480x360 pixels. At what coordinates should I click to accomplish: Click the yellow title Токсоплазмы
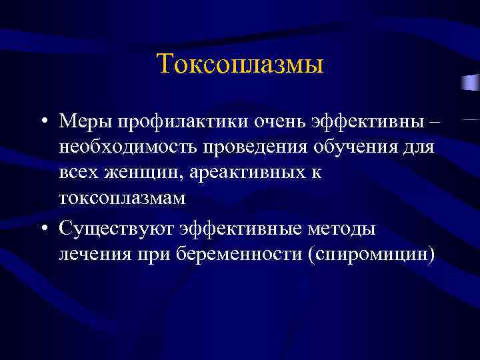pyautogui.click(x=240, y=65)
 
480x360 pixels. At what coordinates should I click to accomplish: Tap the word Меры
pyautogui.click(x=85, y=121)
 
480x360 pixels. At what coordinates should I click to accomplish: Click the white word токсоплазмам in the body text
pyautogui.click(x=121, y=198)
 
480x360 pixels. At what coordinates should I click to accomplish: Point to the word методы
pyautogui.click(x=343, y=229)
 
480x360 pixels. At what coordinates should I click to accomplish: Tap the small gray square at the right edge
pyautogui.click(x=472, y=83)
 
